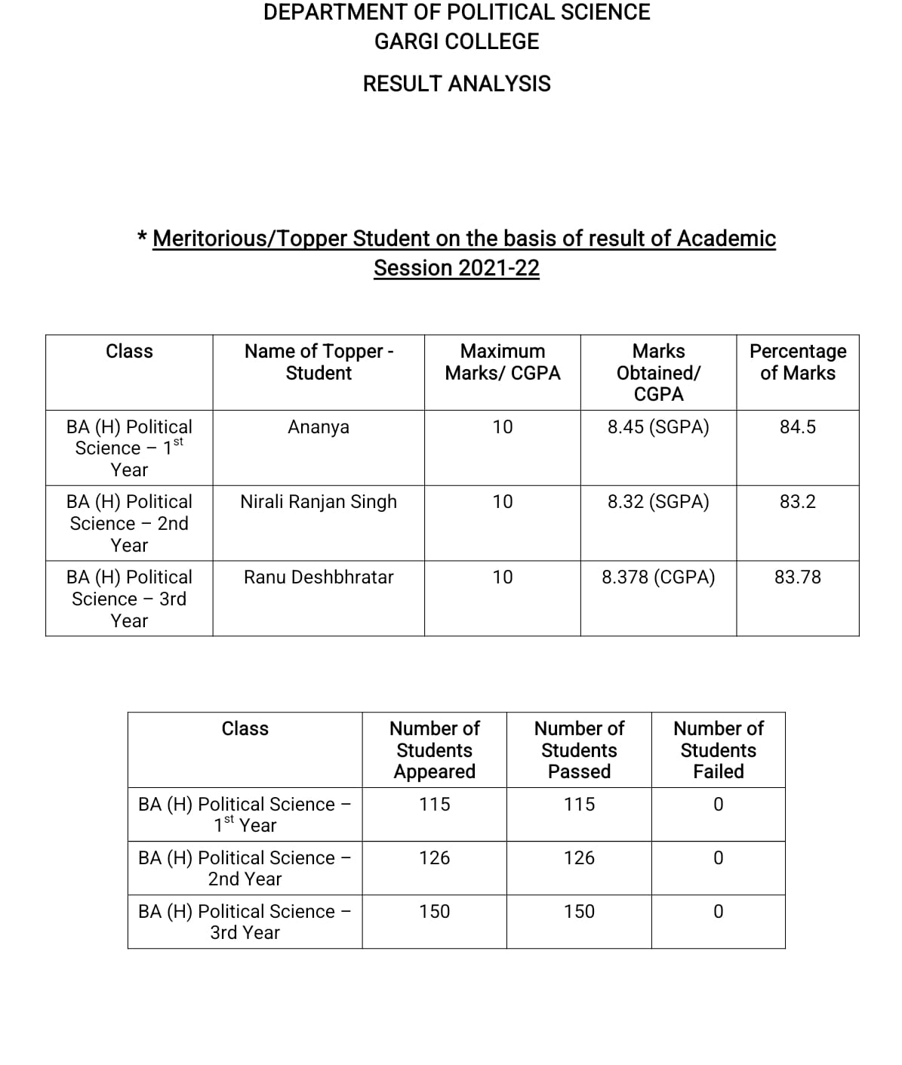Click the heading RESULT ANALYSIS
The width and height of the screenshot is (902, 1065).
point(457,84)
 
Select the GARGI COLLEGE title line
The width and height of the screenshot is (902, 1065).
point(457,42)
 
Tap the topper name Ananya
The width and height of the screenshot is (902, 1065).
point(319,427)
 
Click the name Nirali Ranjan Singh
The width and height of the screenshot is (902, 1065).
point(319,502)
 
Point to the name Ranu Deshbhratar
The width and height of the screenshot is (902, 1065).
point(319,577)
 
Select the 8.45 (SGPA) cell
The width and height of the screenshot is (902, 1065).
point(658,427)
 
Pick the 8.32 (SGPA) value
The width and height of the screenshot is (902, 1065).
point(658,502)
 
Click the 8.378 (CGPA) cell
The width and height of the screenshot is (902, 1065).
point(658,577)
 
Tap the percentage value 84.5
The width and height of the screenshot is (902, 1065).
point(798,427)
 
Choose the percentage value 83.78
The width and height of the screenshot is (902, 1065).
point(798,577)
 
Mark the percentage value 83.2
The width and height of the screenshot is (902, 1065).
point(798,502)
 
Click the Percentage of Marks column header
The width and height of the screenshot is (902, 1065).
point(798,362)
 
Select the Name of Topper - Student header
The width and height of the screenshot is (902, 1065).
point(319,362)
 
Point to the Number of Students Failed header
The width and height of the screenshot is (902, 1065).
point(719,750)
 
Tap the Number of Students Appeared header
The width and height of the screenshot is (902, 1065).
point(435,750)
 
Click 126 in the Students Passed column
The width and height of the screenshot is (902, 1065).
point(579,858)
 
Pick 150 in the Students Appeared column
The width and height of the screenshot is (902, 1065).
point(435,912)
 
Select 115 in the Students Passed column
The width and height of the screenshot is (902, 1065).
point(579,805)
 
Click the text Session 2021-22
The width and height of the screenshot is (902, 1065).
point(457,269)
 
